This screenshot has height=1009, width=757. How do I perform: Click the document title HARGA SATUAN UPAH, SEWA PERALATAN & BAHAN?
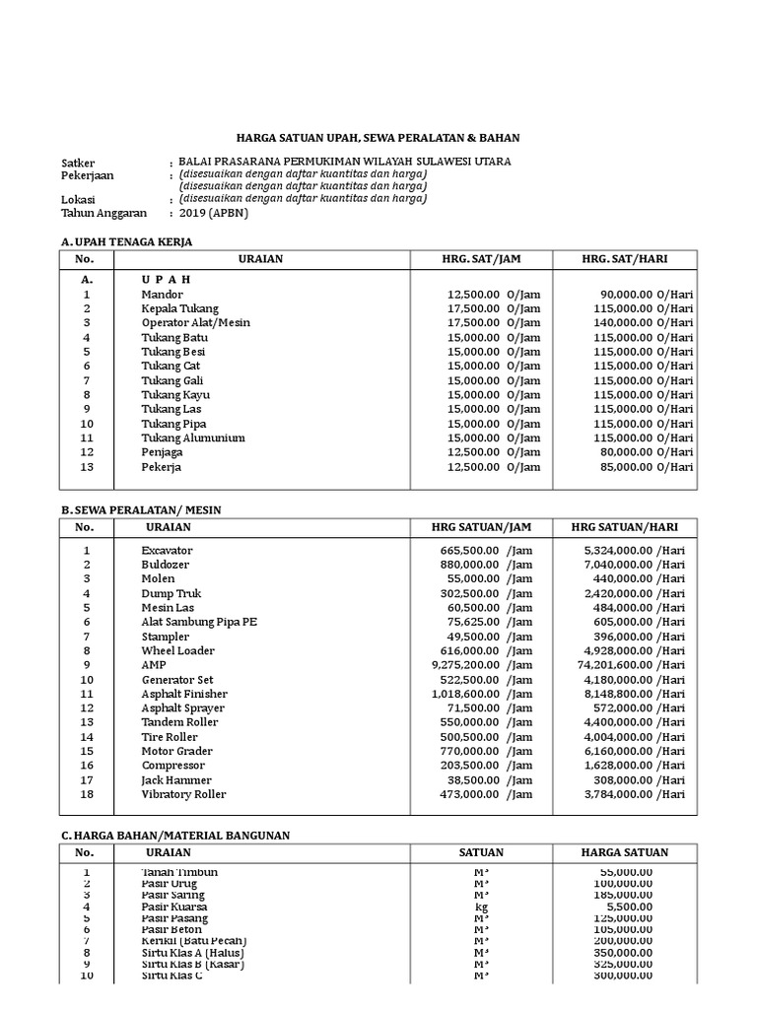378,138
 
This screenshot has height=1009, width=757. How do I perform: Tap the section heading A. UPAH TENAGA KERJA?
126,241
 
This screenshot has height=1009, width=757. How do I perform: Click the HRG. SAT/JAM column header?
481,259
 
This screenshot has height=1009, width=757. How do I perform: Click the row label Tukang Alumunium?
193,437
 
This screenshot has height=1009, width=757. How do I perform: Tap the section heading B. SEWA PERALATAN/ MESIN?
141,509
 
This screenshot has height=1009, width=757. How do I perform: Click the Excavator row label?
167,551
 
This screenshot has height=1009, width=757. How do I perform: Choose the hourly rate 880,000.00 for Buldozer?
465,565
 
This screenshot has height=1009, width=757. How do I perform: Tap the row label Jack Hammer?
176,780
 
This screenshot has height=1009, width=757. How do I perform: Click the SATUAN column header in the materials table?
481,853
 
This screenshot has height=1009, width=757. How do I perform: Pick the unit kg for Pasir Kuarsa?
481,907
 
